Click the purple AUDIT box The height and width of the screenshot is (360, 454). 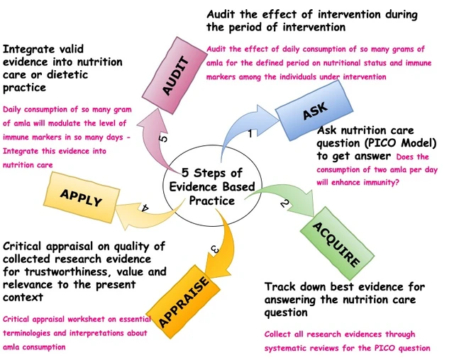click(x=173, y=75)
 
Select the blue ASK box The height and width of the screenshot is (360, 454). click(x=314, y=111)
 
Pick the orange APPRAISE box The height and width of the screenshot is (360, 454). click(x=183, y=302)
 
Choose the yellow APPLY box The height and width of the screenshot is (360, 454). click(x=82, y=198)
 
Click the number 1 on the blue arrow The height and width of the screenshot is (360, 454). click(x=250, y=133)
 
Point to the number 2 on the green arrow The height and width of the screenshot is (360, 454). click(x=284, y=203)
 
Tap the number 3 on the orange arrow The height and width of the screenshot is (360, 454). click(x=214, y=248)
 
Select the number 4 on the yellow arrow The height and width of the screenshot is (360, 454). click(x=145, y=208)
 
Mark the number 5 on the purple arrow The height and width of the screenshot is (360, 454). click(x=164, y=139)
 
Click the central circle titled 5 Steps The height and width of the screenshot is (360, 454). click(x=213, y=186)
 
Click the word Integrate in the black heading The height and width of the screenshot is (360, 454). click(x=29, y=50)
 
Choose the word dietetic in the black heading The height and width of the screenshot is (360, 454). click(x=67, y=74)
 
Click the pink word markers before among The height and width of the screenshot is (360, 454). click(x=221, y=77)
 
